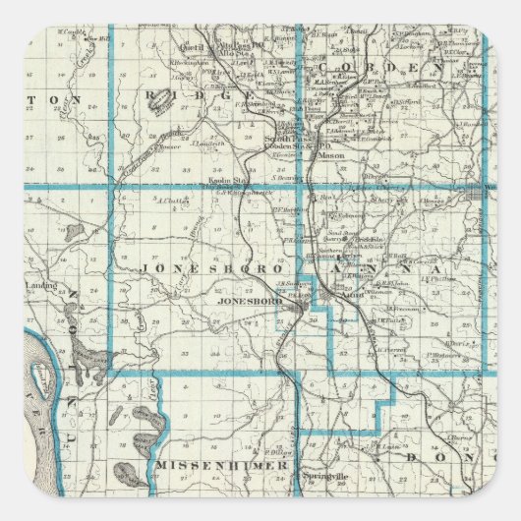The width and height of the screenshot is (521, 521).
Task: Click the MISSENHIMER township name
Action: (x=220, y=464)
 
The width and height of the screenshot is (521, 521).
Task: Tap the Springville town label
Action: (x=323, y=474)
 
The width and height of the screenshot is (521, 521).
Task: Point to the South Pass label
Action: (x=281, y=140)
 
